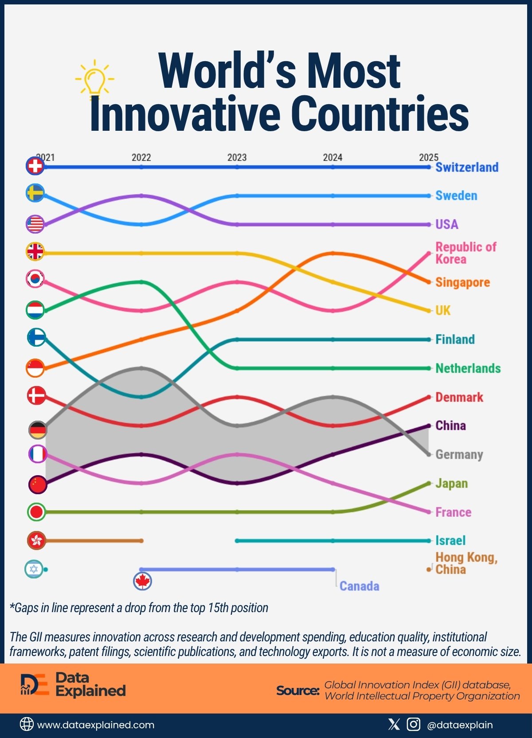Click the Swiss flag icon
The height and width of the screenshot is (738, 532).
pyautogui.click(x=35, y=166)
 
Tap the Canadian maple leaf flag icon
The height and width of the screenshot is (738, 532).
pyautogui.click(x=142, y=581)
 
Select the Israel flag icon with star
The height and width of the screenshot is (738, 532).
pyautogui.click(x=34, y=569)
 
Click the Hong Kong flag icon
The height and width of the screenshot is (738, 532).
pyautogui.click(x=36, y=540)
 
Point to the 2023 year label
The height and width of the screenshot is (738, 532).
pyautogui.click(x=237, y=157)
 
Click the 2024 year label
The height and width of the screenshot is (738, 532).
pyautogui.click(x=332, y=157)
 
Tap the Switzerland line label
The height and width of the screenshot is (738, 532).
pyautogui.click(x=467, y=167)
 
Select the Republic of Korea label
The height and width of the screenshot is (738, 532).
pyautogui.click(x=465, y=253)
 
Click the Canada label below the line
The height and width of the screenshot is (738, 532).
pyautogui.click(x=359, y=586)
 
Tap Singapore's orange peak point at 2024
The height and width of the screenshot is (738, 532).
pyautogui.click(x=333, y=253)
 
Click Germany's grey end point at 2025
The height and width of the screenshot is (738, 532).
pyautogui.click(x=428, y=454)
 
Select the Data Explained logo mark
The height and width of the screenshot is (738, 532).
pyautogui.click(x=34, y=684)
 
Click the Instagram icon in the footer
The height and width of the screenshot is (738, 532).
pyautogui.click(x=413, y=724)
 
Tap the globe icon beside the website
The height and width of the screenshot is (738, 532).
pyautogui.click(x=27, y=724)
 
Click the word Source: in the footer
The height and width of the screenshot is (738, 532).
pyautogui.click(x=297, y=690)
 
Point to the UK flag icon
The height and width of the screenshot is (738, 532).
pyautogui.click(x=35, y=252)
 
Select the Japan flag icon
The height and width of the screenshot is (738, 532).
pyautogui.click(x=36, y=512)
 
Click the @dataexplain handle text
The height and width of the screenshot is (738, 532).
pyautogui.click(x=460, y=725)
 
